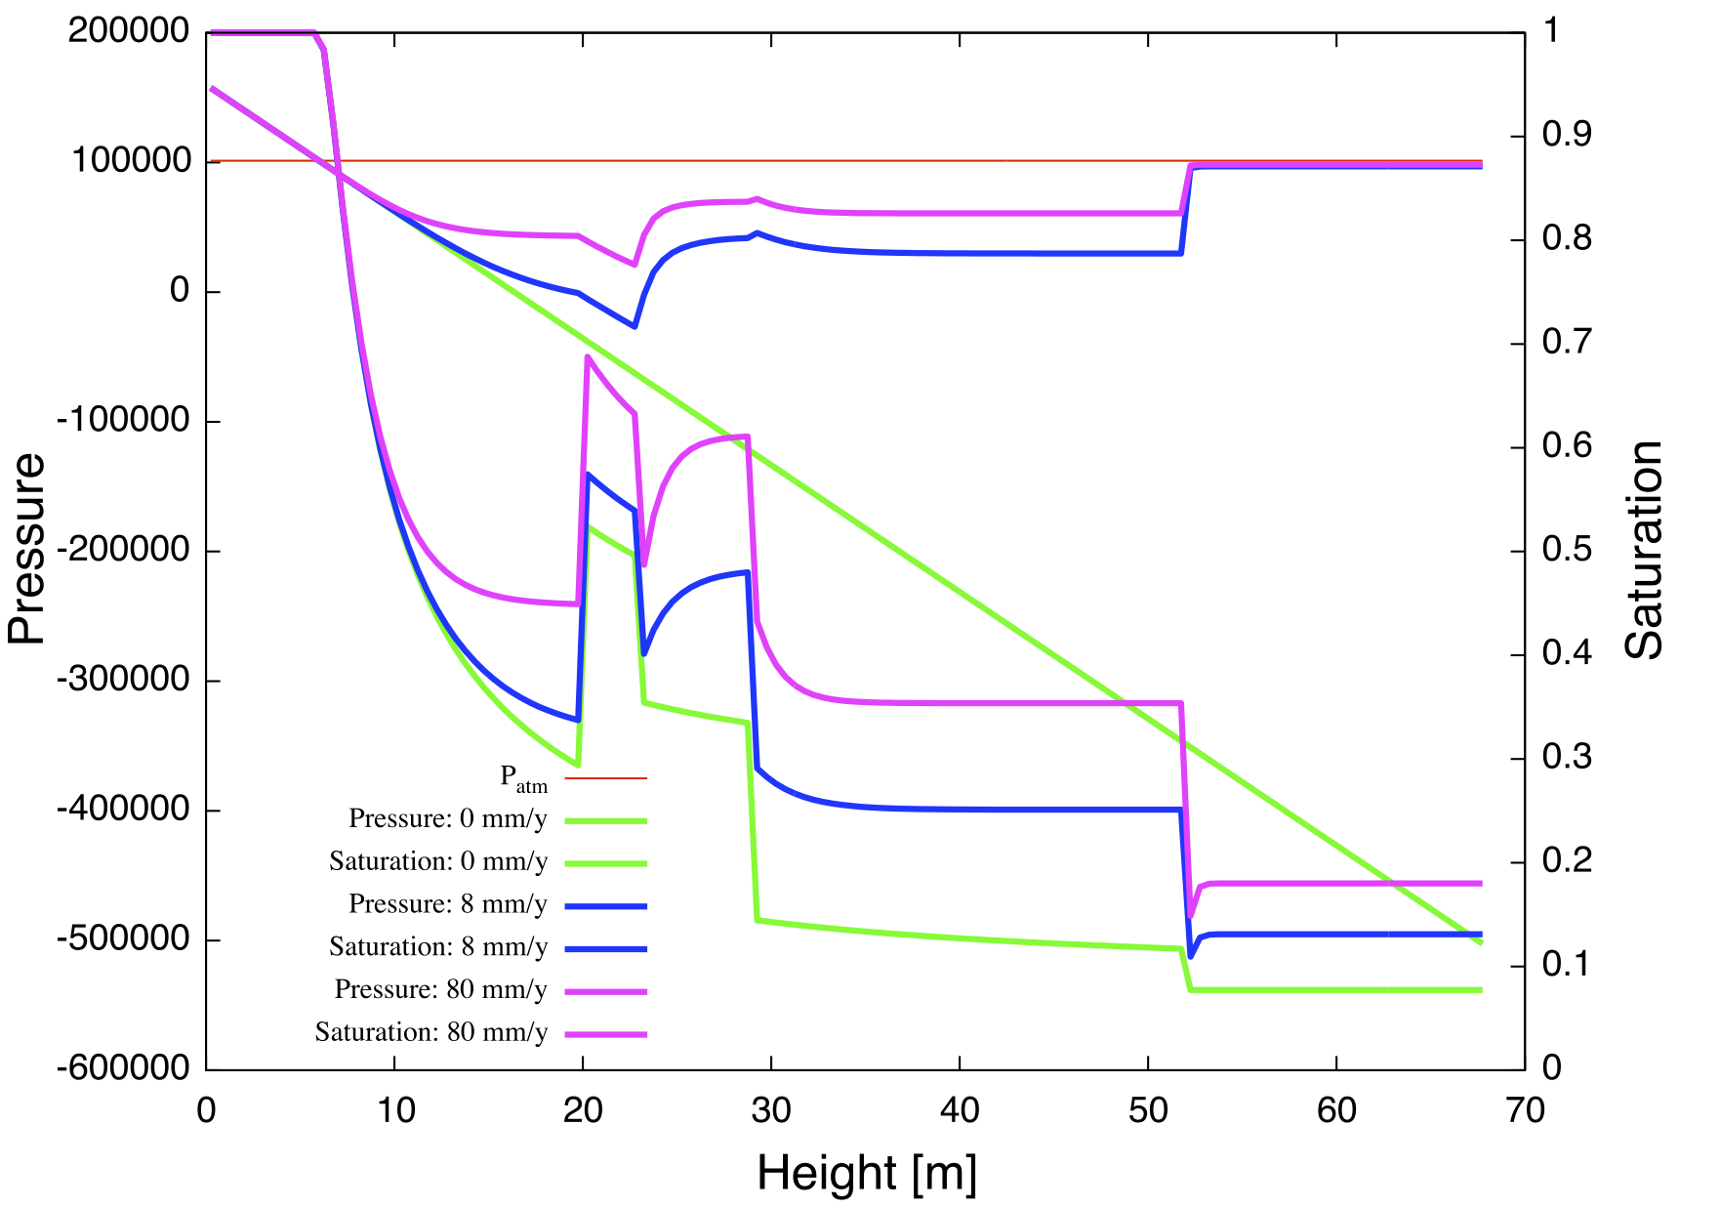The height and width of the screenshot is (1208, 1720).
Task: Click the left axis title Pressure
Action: point(27,549)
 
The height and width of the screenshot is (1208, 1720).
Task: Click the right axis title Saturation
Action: point(1643,550)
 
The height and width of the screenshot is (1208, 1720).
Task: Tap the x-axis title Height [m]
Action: point(867,1172)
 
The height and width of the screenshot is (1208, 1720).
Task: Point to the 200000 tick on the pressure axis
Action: point(129,31)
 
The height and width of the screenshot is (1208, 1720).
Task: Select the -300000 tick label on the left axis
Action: point(124,679)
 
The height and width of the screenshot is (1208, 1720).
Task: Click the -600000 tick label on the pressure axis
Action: point(124,1067)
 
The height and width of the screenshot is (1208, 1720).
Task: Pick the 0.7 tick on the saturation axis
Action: point(1566,342)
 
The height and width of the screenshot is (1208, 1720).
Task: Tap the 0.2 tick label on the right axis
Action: point(1566,860)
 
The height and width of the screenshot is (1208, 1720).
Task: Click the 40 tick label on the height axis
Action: point(960,1110)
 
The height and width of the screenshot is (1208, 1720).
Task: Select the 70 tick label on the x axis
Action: point(1524,1110)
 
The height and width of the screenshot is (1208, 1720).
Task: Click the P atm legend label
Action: point(524,778)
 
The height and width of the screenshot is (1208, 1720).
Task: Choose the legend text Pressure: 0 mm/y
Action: point(448,818)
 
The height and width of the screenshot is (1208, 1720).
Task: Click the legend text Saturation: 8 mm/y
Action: point(438,946)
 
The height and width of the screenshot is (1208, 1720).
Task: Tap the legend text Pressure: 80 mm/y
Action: point(441,989)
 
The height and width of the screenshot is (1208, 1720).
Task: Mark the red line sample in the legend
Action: point(606,778)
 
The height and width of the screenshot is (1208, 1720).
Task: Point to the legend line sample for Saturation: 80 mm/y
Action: point(606,1033)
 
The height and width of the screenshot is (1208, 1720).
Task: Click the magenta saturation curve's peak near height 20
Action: point(588,357)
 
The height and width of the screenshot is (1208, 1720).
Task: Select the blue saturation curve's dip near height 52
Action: point(1190,956)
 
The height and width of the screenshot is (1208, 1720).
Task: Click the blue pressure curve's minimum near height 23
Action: point(635,326)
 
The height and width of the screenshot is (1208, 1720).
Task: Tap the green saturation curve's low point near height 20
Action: point(578,765)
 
